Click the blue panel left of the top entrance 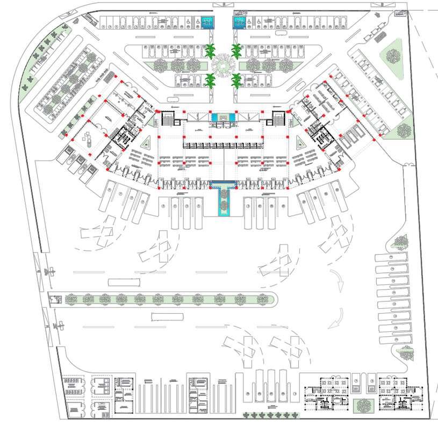point(208,22)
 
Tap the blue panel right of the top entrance point(238,22)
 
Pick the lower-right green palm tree point(236,81)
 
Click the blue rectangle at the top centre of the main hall point(223,117)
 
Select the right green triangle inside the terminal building point(300,142)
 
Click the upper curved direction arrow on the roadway point(338,281)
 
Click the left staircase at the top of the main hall point(168,119)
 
